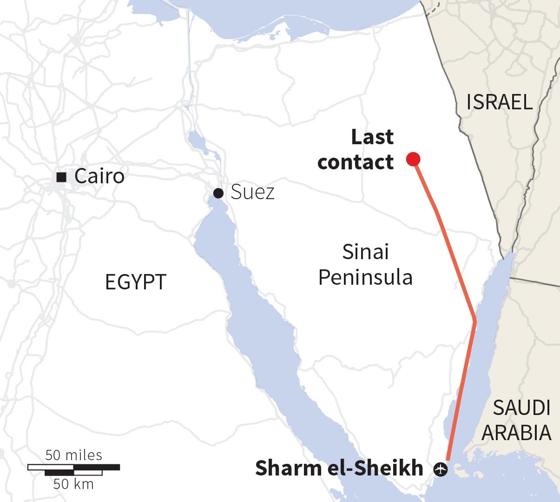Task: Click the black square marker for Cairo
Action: point(60,177)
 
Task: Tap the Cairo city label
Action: point(99,176)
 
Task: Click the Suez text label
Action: point(252,192)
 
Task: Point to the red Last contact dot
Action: point(413,159)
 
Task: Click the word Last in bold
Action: point(372,137)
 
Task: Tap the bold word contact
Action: point(356,162)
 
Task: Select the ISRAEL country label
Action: point(499,102)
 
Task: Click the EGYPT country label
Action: point(136,282)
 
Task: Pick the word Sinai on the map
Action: point(365,252)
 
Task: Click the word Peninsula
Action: point(365,277)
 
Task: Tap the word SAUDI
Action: point(521,408)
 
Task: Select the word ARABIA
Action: point(516,433)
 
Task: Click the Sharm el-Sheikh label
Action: point(339,468)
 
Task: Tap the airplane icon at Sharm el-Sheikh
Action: point(440,469)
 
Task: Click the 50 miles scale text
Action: point(74,455)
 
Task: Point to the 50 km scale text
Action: point(73,484)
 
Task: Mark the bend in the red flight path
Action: point(474,321)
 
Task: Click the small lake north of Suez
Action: point(194,138)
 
